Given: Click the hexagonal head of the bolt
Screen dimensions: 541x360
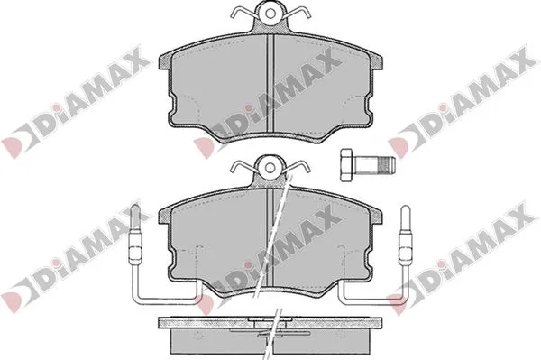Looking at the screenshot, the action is [346, 165].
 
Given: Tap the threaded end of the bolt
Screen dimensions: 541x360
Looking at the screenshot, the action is [386, 165].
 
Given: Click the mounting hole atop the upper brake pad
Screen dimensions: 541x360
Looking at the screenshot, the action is [270, 14].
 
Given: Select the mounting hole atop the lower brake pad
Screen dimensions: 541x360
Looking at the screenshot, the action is [270, 168].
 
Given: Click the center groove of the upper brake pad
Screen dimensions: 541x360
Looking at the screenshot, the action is [270, 83].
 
